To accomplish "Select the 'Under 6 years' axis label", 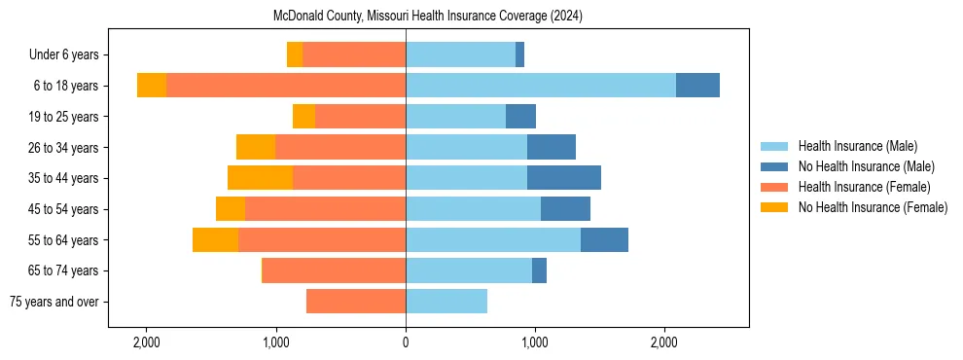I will pyautogui.click(x=69, y=55).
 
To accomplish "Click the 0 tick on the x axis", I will pyautogui.click(x=406, y=342).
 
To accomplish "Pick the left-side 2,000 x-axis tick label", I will pyautogui.click(x=147, y=342).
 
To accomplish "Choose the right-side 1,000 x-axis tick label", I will pyautogui.click(x=534, y=342).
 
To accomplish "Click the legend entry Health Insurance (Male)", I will pyautogui.click(x=857, y=146).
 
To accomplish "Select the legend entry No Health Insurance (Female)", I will pyautogui.click(x=873, y=207).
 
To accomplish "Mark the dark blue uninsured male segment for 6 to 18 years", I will pyautogui.click(x=697, y=86).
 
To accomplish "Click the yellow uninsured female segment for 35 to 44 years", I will pyautogui.click(x=260, y=178).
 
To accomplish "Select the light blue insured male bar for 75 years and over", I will pyautogui.click(x=446, y=302).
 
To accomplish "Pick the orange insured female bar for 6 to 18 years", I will pyautogui.click(x=286, y=86).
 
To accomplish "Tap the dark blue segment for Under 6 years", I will pyautogui.click(x=520, y=55).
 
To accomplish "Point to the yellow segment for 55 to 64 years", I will pyautogui.click(x=215, y=239).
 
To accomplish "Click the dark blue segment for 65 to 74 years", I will pyautogui.click(x=539, y=270).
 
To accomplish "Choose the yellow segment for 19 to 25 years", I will pyautogui.click(x=303, y=117).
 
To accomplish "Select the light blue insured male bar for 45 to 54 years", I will pyautogui.click(x=473, y=209).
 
